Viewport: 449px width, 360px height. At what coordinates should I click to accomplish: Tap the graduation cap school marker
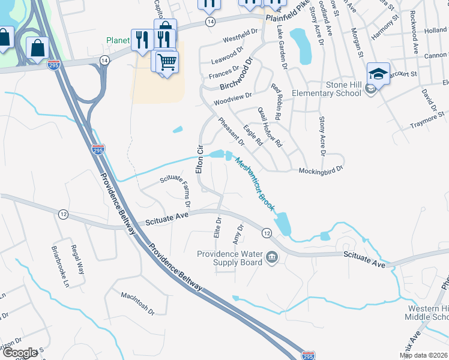[x=379, y=74]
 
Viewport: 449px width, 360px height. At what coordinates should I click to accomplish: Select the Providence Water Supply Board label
[x=230, y=258]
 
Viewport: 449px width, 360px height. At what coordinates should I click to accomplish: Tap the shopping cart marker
[x=167, y=61]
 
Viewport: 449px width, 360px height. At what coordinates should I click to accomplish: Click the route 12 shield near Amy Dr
[x=267, y=232]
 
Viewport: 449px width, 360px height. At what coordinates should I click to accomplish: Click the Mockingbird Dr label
[x=321, y=170]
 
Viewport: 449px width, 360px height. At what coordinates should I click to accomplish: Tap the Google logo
[x=20, y=353]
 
